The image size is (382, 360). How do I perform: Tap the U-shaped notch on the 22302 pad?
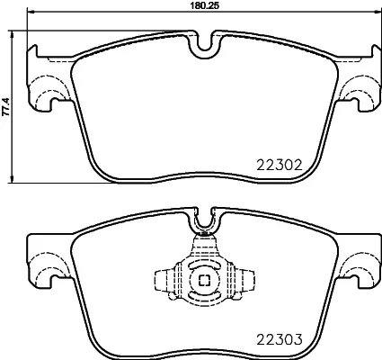(x=204, y=43)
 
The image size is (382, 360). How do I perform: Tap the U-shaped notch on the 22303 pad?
(x=204, y=219)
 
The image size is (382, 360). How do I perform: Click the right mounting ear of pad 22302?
(x=361, y=86)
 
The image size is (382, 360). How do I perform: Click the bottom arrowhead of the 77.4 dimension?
(x=13, y=175)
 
